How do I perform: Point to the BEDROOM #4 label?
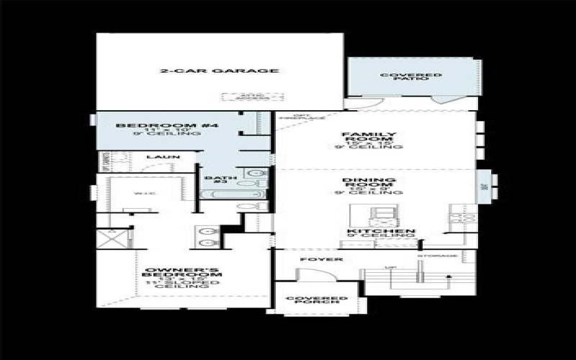pos(167,126)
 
